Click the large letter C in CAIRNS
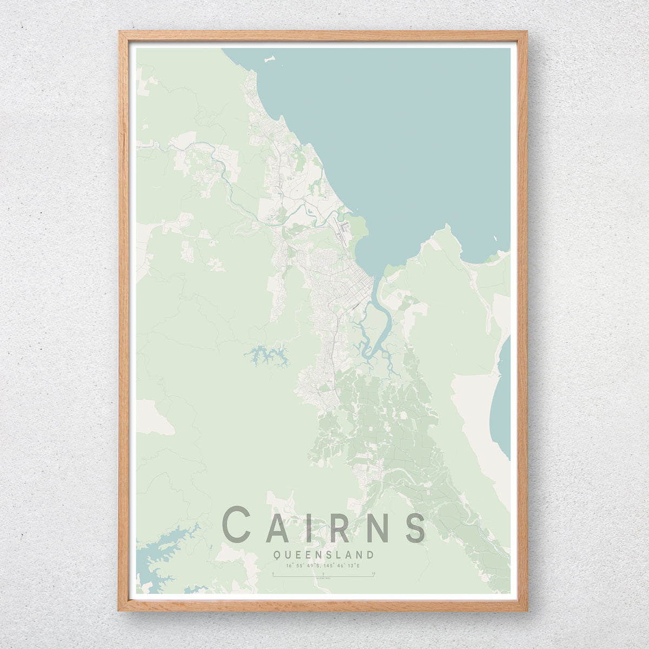[237, 524]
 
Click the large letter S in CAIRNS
[415, 525]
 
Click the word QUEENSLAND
[323, 554]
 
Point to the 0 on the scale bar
[274, 573]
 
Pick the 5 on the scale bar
[323, 573]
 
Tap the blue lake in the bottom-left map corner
[162, 552]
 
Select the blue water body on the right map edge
[501, 400]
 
